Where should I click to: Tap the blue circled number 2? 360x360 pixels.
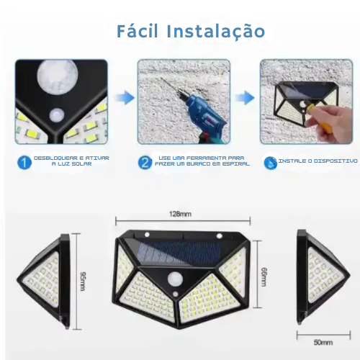pyautogui.click(x=145, y=163)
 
